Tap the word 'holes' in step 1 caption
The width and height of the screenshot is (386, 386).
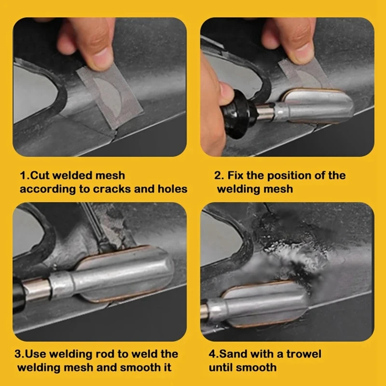point(172,189)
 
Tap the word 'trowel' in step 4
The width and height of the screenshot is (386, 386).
point(304,354)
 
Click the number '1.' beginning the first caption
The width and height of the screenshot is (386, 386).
point(25,176)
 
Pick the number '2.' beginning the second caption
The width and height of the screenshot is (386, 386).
point(219,176)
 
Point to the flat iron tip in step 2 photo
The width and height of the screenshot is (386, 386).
point(317,105)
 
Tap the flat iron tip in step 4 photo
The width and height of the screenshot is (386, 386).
point(264,304)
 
